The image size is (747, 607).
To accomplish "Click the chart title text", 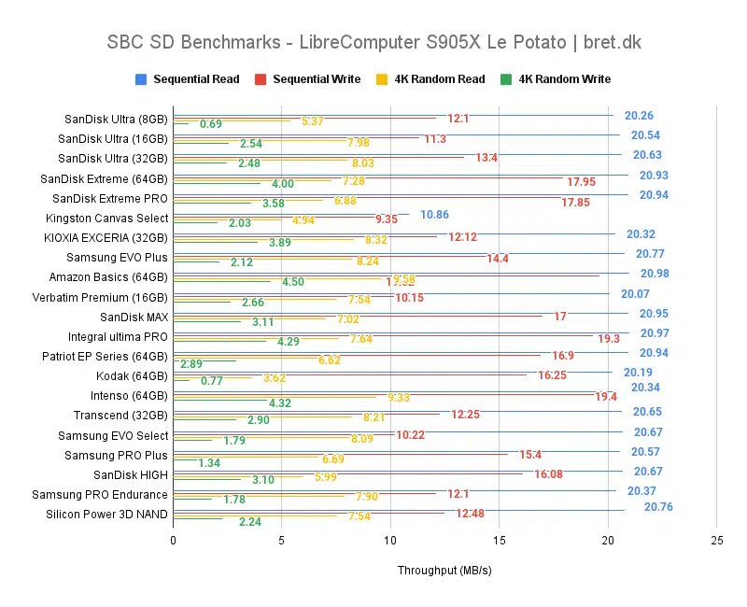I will click(x=373, y=43).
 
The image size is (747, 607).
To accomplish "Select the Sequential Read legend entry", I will click(x=195, y=79).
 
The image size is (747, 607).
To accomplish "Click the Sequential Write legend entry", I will click(x=316, y=79).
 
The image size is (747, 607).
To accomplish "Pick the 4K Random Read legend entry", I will click(x=438, y=79).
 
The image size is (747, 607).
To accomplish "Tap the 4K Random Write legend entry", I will click(x=563, y=79).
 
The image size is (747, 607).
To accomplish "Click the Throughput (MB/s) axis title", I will click(x=444, y=570).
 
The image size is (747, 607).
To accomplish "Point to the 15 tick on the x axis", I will click(x=499, y=541).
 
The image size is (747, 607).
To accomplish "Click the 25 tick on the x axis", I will click(x=716, y=541).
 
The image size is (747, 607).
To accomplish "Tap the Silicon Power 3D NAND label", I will click(x=106, y=515).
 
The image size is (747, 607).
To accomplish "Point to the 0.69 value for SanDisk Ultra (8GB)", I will click(x=210, y=124).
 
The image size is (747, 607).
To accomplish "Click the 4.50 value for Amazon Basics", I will click(x=293, y=282).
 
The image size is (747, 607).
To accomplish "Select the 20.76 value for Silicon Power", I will click(x=658, y=507).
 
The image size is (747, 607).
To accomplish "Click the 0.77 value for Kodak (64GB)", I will click(x=211, y=381).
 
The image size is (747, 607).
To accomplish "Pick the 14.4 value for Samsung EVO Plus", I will click(x=497, y=258).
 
